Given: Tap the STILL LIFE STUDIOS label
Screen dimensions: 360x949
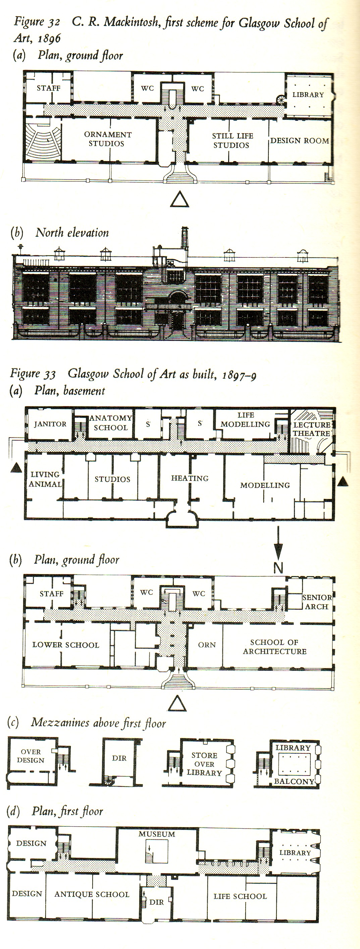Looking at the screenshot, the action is tap(232, 140).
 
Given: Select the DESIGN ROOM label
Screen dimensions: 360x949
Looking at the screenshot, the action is tap(300, 140).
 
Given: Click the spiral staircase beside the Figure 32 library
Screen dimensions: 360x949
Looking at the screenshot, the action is tap(281, 100).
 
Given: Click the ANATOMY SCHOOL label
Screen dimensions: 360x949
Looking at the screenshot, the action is tap(110, 422).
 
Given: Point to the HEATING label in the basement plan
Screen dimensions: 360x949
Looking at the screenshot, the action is tap(190, 478).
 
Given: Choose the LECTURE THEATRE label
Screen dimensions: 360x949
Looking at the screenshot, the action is tap(312, 429).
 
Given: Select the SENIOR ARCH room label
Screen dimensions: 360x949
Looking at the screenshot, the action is tap(316, 602).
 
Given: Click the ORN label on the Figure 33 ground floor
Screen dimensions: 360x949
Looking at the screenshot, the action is tap(207, 645).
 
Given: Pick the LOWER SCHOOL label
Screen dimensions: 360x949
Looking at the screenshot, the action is tap(65, 645).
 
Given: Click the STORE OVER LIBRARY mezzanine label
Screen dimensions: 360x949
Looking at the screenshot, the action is tap(204, 764).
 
